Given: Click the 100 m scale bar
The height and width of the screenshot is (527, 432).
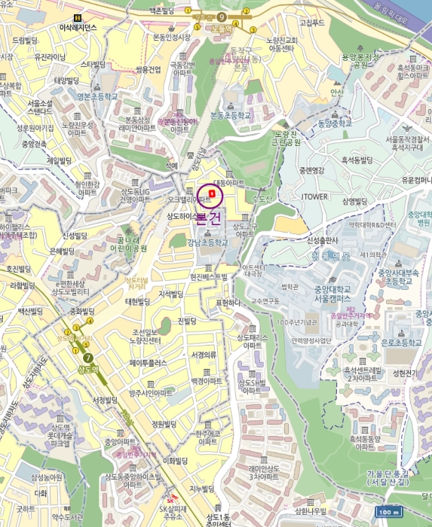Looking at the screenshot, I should (387, 513).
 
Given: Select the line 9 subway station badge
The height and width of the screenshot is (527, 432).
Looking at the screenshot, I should (222, 16).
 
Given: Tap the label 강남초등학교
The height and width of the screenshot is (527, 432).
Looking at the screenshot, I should (207, 243).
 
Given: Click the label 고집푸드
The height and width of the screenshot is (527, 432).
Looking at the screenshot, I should (311, 23).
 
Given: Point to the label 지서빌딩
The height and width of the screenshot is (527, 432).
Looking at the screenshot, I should (172, 294).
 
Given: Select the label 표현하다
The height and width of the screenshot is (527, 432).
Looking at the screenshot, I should (227, 303).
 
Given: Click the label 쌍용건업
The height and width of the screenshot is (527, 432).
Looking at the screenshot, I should (148, 69).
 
